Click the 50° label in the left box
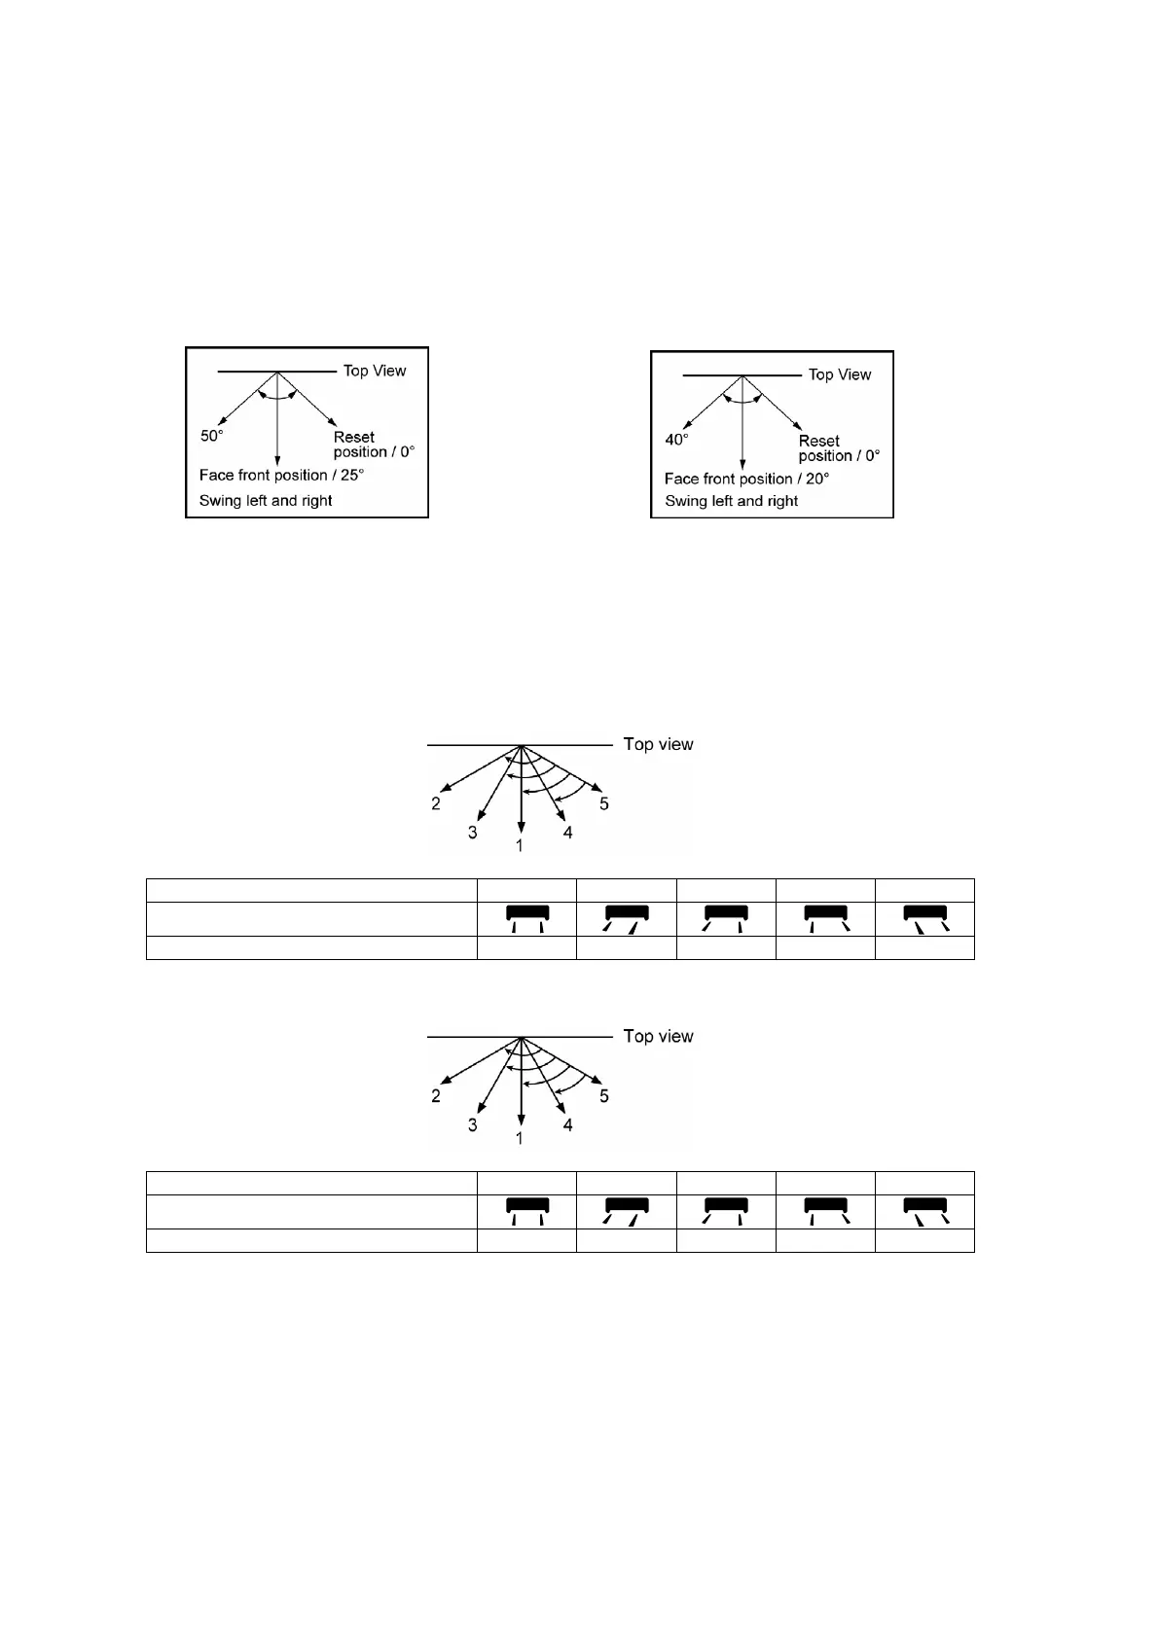212,436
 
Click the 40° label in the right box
676,440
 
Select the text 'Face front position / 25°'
281,475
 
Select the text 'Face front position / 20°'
746,479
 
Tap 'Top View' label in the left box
375,371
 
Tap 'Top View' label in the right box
840,374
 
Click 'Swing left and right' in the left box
266,501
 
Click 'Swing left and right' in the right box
731,501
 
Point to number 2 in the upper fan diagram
436,803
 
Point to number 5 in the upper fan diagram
604,803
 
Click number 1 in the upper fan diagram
520,846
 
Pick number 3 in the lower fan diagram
473,1124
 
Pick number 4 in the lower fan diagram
568,1124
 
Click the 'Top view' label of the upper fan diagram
658,744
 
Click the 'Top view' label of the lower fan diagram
658,1036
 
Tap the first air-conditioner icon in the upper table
526,918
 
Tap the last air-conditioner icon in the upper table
924,918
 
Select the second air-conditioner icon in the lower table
626,1211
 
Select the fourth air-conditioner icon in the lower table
825,1211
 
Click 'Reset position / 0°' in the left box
374,445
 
